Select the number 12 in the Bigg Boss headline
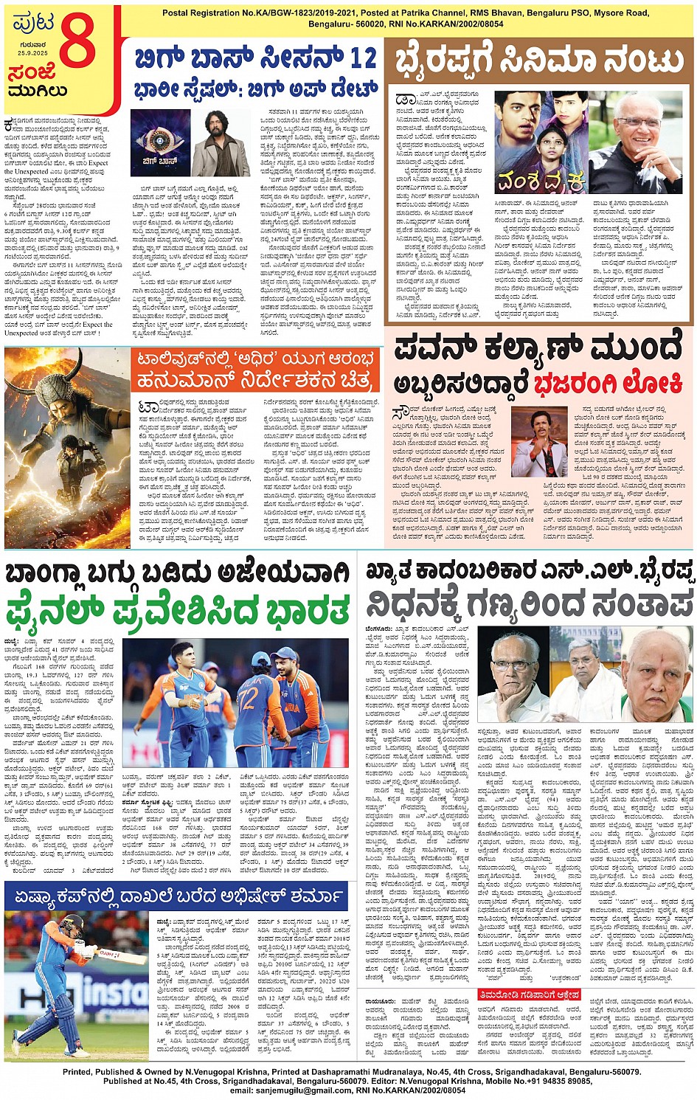(363, 58)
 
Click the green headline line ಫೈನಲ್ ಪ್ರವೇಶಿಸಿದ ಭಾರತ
(178, 611)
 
